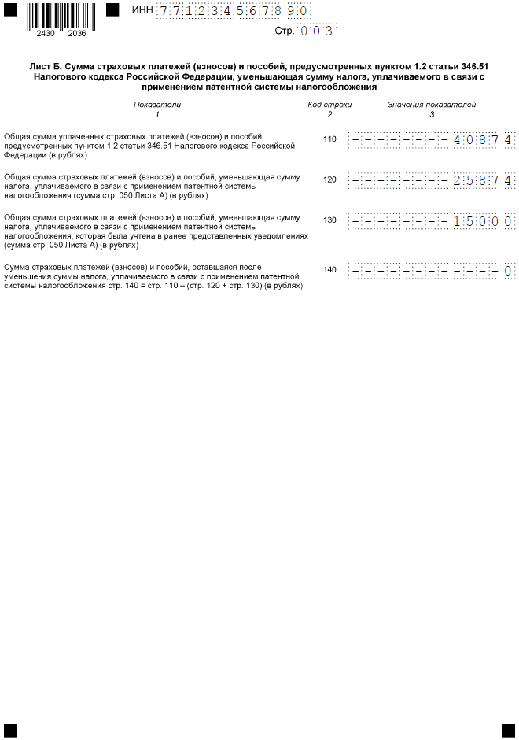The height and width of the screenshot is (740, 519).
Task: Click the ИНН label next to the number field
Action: [x=143, y=10]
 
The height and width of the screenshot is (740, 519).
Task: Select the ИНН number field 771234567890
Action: [x=233, y=11]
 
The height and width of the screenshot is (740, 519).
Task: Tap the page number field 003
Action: [x=316, y=31]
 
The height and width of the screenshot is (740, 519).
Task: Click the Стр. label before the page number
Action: [x=284, y=31]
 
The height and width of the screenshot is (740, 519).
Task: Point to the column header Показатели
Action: [x=157, y=104]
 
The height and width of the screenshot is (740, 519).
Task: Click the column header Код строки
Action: [x=329, y=104]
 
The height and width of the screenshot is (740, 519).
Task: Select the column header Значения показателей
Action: [x=432, y=104]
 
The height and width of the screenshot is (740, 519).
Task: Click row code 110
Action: [x=329, y=139]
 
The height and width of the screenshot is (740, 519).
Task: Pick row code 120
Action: [x=329, y=179]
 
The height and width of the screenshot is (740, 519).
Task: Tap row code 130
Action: [x=329, y=220]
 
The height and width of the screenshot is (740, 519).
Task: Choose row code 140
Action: [x=329, y=270]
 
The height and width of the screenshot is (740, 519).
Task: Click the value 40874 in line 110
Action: [x=483, y=140]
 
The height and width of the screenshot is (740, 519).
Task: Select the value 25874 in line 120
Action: [x=483, y=180]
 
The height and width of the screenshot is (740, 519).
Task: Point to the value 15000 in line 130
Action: [x=483, y=221]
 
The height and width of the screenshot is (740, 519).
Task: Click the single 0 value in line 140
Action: [x=508, y=271]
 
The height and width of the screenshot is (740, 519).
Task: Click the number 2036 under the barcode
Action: [x=77, y=34]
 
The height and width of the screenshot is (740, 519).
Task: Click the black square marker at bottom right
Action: [x=508, y=730]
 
